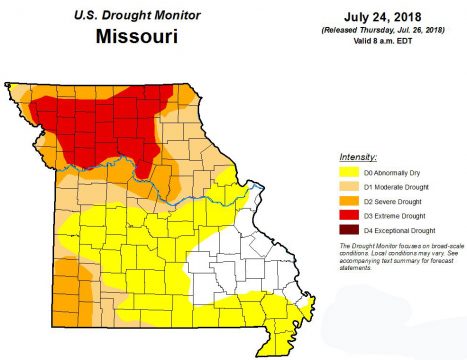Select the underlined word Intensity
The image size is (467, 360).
click(358, 158)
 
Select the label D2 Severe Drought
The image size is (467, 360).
click(392, 202)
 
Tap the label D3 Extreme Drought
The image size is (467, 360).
click(394, 216)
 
